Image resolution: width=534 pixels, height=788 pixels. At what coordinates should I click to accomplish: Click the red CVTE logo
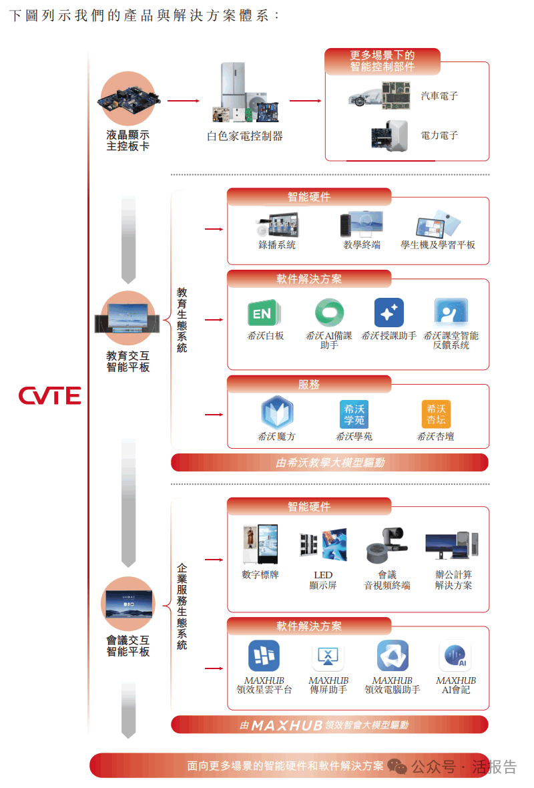(x=49, y=395)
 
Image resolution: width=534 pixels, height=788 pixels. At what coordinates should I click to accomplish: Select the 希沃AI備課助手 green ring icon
(x=329, y=313)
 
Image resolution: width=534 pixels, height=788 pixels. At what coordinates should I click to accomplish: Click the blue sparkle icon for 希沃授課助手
(x=388, y=313)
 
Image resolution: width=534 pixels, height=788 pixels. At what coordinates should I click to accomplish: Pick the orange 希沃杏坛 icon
(x=436, y=414)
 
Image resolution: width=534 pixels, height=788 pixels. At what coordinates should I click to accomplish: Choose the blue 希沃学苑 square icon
(x=354, y=414)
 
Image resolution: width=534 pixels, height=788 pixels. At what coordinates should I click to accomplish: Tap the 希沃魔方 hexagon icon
(x=276, y=413)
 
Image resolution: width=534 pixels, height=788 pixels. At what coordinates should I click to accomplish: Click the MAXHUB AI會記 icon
(x=455, y=656)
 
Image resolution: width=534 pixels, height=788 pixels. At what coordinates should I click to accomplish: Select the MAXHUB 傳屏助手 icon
(x=328, y=656)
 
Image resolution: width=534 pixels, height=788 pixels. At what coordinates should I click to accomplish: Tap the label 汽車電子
(x=439, y=96)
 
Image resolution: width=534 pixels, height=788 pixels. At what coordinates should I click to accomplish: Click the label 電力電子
(x=439, y=135)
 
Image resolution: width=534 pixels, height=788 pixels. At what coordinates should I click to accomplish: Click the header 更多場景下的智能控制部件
(x=382, y=61)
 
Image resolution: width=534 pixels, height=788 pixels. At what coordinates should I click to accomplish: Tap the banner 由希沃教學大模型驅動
(x=330, y=462)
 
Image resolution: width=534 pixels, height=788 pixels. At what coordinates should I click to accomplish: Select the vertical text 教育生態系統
(x=182, y=320)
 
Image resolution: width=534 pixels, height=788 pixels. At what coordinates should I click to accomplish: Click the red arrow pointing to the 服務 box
(x=214, y=415)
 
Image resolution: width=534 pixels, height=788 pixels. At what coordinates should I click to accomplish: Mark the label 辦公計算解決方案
(x=453, y=580)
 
